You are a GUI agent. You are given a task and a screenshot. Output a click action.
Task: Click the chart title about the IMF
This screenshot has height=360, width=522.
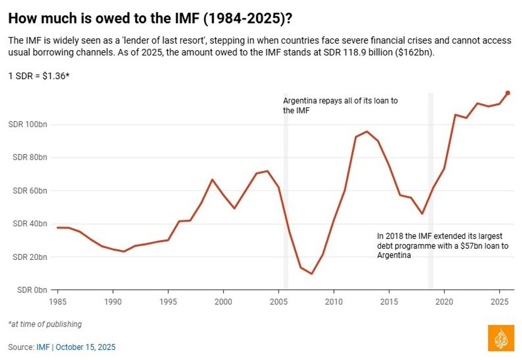[150, 19]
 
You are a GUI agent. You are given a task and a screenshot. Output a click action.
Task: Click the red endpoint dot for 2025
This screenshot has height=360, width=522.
[508, 93]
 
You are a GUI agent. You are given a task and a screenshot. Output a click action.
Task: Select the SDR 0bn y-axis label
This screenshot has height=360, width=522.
[31, 290]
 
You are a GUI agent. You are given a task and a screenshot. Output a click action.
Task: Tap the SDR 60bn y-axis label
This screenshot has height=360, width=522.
[29, 191]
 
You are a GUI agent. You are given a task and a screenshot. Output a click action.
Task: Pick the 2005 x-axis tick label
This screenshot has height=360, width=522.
[278, 300]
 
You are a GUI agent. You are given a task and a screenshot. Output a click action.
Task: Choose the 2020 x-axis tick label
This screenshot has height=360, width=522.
[444, 300]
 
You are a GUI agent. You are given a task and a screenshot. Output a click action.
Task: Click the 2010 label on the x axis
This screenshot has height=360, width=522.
[333, 300]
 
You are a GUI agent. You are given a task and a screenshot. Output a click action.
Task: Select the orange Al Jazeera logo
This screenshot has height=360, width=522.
[501, 338]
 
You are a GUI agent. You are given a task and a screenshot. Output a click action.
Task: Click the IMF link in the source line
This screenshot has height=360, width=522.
[43, 347]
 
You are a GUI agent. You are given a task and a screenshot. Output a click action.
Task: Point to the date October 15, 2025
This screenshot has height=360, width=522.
[85, 347]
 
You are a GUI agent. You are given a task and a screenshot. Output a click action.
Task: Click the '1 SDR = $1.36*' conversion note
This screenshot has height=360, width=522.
[39, 76]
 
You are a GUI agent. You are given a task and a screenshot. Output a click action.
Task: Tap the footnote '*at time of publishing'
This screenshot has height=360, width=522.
[45, 324]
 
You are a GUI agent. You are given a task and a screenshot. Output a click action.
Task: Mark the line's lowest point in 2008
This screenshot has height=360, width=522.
[312, 274]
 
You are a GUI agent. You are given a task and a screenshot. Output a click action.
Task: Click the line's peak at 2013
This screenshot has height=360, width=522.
[366, 131]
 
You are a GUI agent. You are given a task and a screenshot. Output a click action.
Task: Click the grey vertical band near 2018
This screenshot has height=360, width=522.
[431, 192]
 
